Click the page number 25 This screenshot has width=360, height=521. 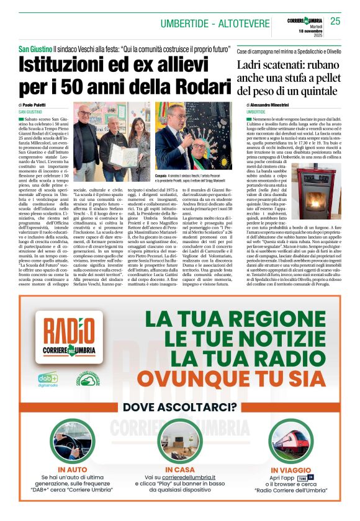[x=335, y=22]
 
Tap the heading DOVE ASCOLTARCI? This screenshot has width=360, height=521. [x=180, y=407]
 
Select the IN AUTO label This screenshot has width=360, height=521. [x=72, y=470]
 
